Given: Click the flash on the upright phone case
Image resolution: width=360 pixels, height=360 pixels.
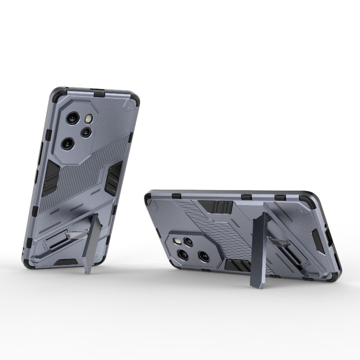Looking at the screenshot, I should click(x=89, y=119).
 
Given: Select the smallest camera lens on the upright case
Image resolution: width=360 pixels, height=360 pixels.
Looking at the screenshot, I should click(x=85, y=132).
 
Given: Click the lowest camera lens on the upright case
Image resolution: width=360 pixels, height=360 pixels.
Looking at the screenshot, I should click(x=68, y=143).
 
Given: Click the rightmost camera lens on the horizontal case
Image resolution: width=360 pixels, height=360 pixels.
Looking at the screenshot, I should click(x=204, y=256).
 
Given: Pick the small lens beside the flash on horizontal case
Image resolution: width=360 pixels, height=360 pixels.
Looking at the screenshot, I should click(x=189, y=242).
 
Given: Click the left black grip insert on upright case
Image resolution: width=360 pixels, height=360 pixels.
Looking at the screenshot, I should click(x=50, y=178).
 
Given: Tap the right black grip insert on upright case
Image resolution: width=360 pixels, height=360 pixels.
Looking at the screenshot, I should click(x=115, y=175).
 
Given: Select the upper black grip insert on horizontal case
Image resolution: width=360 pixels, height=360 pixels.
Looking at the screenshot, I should click(x=216, y=207).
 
